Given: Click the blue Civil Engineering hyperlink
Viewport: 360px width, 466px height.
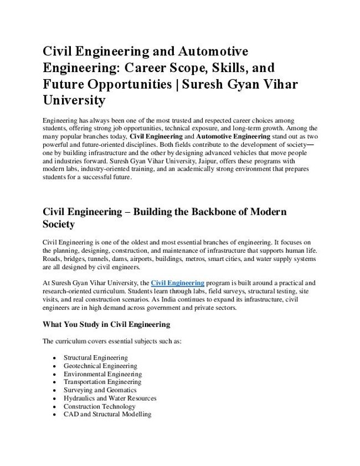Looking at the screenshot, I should click(178, 283).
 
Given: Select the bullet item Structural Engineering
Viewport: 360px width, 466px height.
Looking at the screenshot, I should click(95, 358).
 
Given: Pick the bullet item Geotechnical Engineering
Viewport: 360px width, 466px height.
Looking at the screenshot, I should click(100, 366).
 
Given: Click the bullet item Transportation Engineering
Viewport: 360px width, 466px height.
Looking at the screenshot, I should click(102, 382).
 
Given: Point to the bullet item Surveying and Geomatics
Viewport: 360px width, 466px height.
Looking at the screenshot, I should click(100, 390).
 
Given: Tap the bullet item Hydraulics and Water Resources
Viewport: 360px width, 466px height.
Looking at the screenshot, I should click(110, 398).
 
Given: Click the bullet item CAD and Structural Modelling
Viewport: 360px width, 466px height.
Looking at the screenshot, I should click(107, 414).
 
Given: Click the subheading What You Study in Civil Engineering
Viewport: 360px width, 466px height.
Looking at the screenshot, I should click(106, 324).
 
